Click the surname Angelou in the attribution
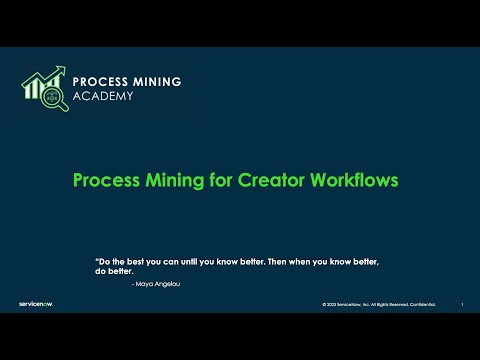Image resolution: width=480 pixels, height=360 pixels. (x=169, y=284)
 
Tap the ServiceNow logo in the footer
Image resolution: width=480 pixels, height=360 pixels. (x=35, y=302)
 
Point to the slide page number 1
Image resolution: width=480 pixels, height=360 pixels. (x=461, y=304)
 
